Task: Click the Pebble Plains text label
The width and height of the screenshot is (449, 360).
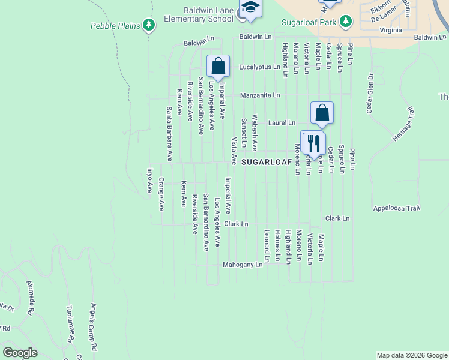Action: pos(115,26)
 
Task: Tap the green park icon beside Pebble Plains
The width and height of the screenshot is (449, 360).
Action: pos(148,25)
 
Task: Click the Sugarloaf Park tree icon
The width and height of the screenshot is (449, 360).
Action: pos(346,22)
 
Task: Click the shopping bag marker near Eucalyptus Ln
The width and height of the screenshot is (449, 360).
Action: pos(218,66)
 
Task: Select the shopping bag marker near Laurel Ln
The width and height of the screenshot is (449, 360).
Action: pos(322,112)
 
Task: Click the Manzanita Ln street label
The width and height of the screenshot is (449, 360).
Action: pos(260,95)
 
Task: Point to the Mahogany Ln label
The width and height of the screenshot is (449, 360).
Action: pos(243,264)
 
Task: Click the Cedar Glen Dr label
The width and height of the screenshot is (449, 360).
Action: pos(370,94)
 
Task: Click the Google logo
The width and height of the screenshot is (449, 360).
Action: pos(20,353)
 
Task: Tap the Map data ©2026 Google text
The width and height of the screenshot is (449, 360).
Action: pos(411,355)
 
